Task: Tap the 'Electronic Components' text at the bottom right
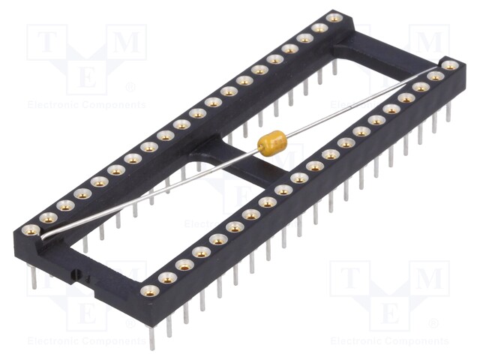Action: (389, 341)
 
